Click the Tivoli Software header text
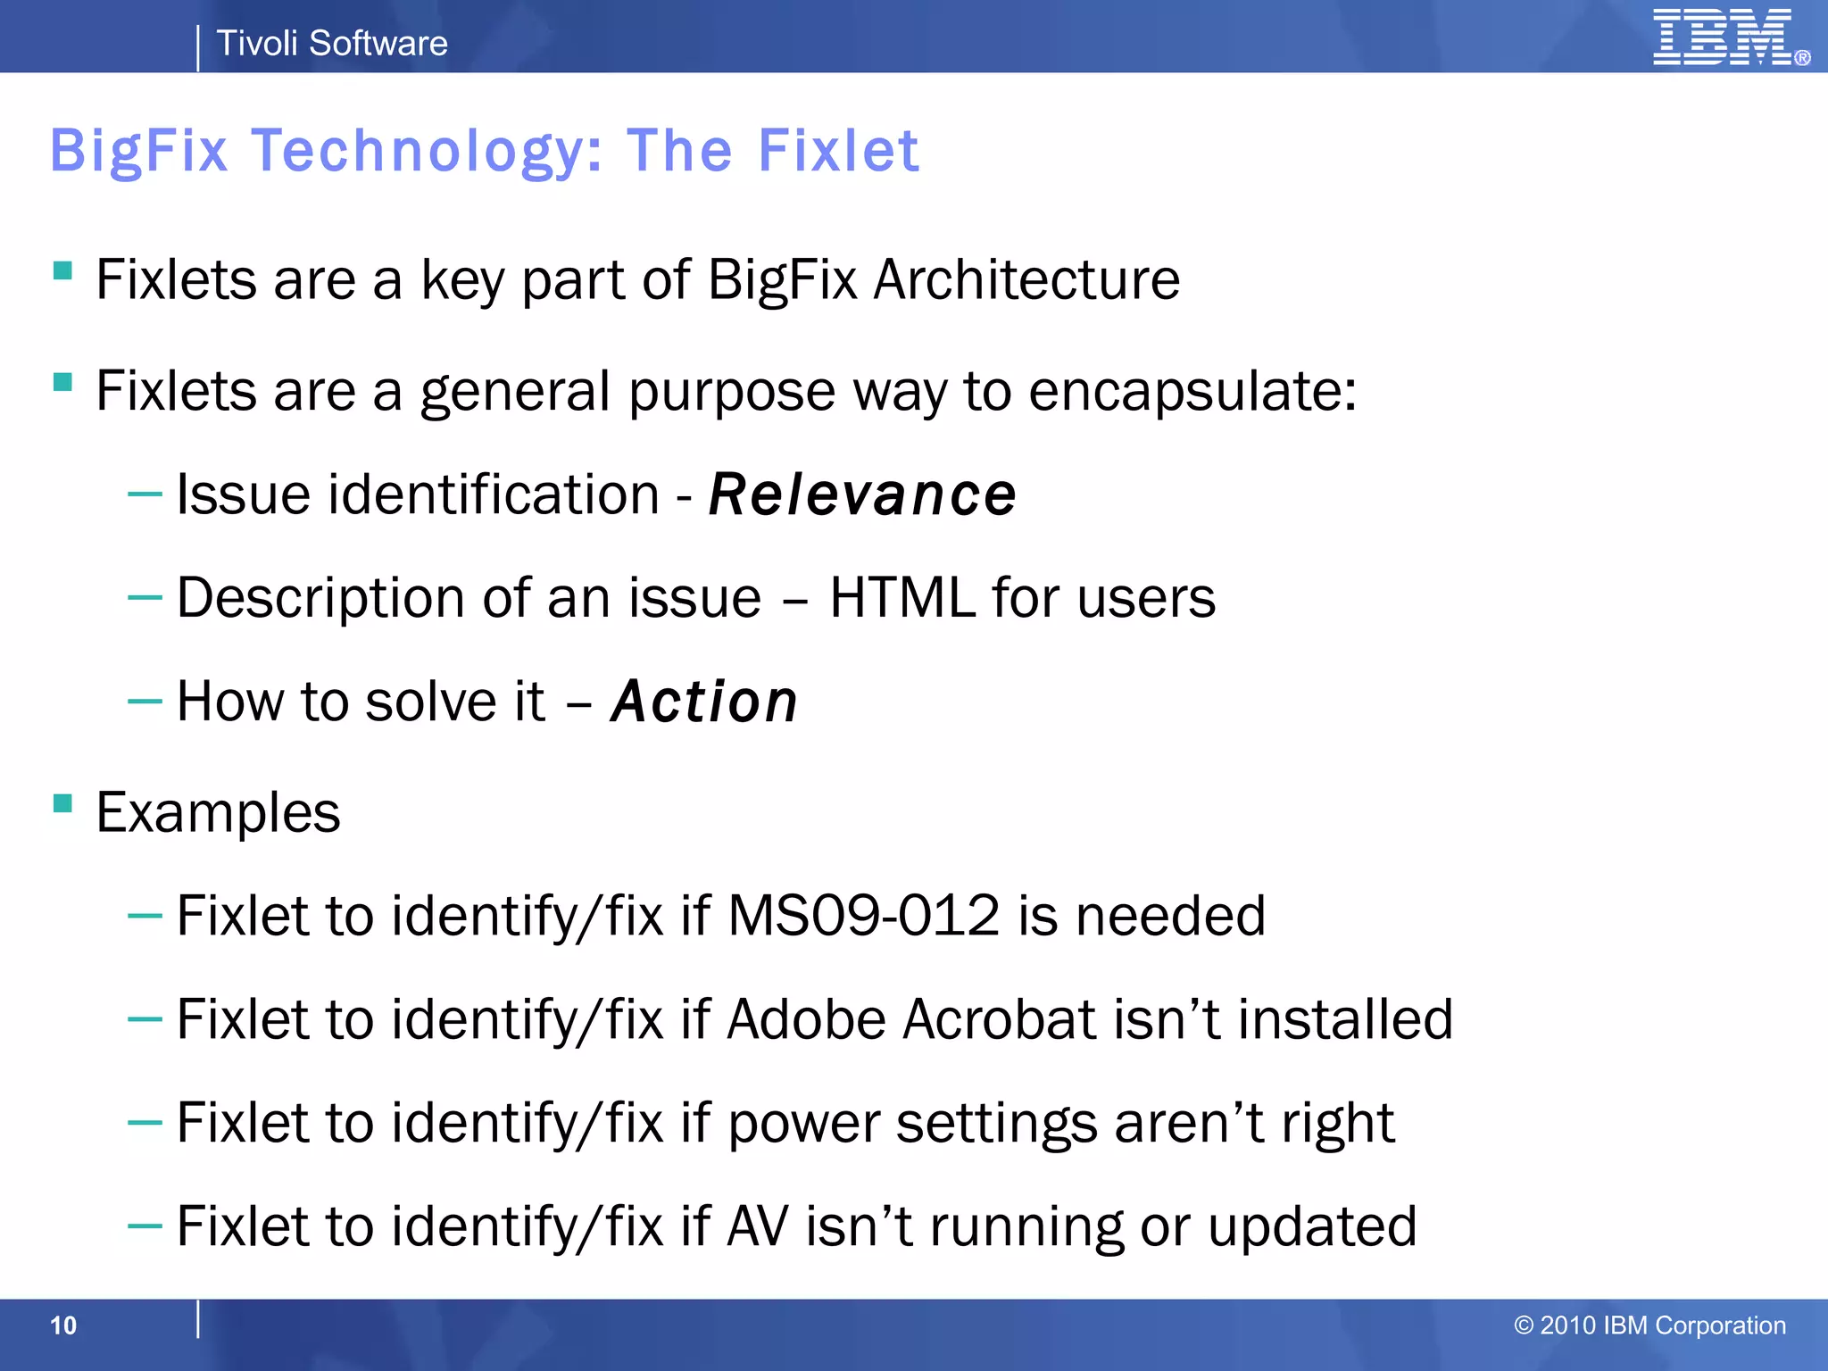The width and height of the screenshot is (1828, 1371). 332,43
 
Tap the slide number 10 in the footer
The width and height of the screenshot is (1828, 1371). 63,1325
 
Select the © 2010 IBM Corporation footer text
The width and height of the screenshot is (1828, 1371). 1649,1325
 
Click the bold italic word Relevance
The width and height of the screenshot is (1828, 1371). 862,494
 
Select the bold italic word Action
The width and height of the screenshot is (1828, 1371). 704,702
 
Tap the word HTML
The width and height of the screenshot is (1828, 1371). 902,597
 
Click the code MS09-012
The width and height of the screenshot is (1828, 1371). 863,916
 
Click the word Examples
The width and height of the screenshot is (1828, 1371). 219,813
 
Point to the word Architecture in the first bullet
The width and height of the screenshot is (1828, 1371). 1026,280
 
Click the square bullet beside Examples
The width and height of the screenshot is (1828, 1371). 62,804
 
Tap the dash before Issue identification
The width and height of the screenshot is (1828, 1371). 145,494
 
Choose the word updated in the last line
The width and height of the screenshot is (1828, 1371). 1312,1226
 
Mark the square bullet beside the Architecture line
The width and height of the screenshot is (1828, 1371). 62,270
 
